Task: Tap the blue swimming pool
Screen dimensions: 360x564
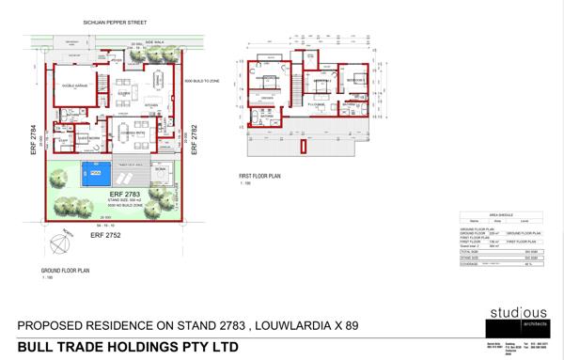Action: click(95, 175)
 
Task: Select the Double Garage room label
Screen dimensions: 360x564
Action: click(74, 86)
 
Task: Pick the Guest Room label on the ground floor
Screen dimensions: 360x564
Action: click(88, 137)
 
